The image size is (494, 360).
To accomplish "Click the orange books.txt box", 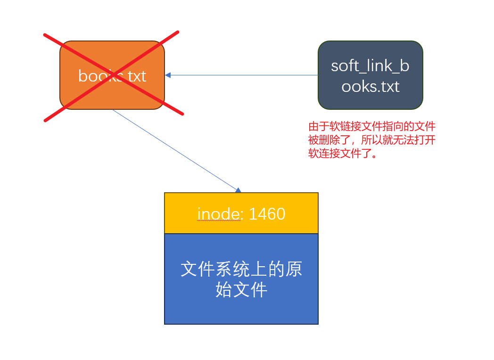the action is [112, 75].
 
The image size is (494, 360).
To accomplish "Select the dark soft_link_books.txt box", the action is [370, 75].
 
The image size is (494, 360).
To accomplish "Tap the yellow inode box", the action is [241, 213].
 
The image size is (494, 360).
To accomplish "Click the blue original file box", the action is [241, 279].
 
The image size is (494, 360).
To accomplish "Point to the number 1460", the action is [267, 214].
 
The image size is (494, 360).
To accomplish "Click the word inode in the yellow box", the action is [219, 214].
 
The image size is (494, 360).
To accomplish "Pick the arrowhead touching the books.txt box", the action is [168, 75].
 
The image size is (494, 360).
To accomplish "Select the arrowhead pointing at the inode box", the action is [239, 190].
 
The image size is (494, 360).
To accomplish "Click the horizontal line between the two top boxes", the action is [241, 75].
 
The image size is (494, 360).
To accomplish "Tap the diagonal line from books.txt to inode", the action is [175, 150].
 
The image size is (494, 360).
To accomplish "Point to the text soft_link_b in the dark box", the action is [370, 66].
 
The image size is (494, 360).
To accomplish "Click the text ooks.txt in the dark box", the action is [370, 86].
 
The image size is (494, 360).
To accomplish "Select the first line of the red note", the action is [372, 126].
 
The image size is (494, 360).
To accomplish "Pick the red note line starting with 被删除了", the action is [372, 140].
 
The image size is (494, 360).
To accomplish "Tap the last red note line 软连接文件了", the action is [343, 154].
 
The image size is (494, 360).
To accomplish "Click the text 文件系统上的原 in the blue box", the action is [241, 269].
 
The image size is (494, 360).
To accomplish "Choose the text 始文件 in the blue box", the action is [241, 289].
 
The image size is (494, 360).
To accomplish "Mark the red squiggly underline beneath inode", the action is [219, 221].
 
